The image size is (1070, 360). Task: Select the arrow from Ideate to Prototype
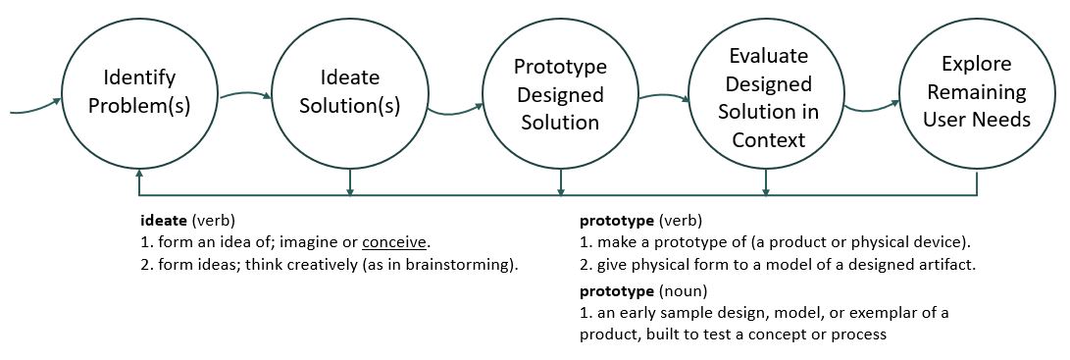456,111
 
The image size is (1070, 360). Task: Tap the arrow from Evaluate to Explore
872,108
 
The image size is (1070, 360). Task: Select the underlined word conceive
394,242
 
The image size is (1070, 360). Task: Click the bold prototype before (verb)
616,222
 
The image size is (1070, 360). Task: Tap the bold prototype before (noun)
616,291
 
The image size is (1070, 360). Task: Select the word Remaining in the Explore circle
977,91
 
